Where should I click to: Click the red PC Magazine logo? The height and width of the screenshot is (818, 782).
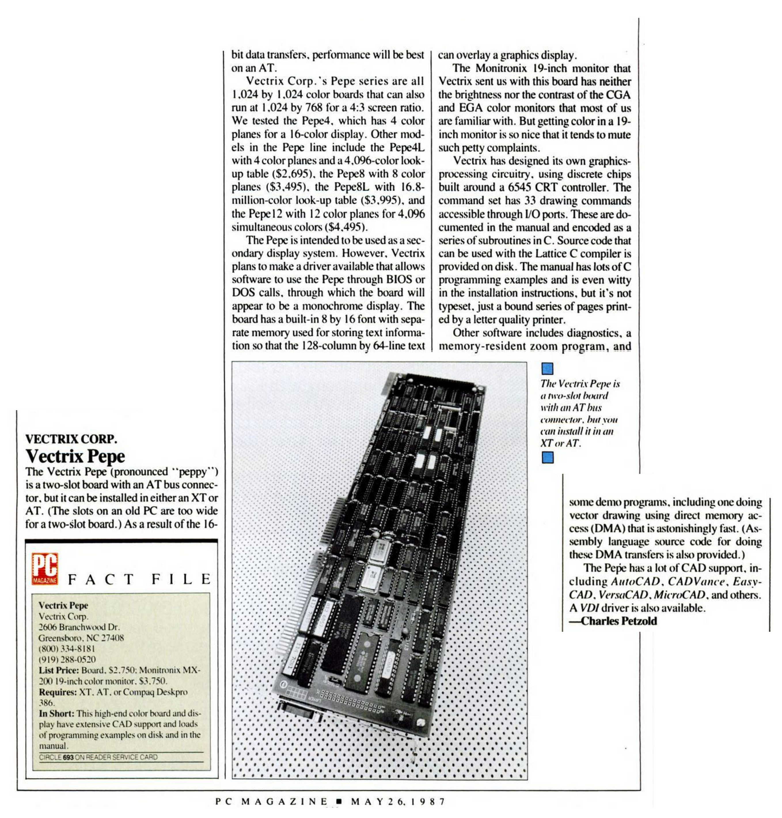[45, 568]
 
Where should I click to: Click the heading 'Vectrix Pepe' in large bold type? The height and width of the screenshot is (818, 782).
[75, 456]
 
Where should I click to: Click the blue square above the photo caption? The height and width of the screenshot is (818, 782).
[547, 369]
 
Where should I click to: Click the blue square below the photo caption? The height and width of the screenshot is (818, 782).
[548, 457]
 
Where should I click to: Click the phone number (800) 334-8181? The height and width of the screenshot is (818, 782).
[67, 649]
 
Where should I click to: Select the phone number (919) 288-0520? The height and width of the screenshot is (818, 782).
[67, 659]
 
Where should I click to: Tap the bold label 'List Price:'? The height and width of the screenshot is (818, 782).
[58, 670]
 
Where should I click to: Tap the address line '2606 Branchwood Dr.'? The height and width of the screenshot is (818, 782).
[79, 627]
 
